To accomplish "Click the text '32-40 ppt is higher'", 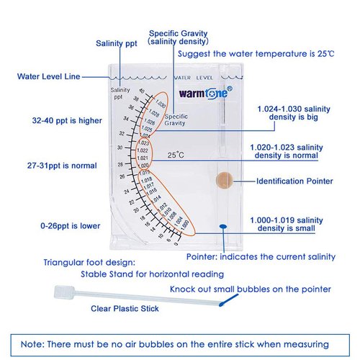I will [x=61, y=120].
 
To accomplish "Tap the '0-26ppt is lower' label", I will [x=60, y=225].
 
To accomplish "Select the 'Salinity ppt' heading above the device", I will [x=116, y=43].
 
